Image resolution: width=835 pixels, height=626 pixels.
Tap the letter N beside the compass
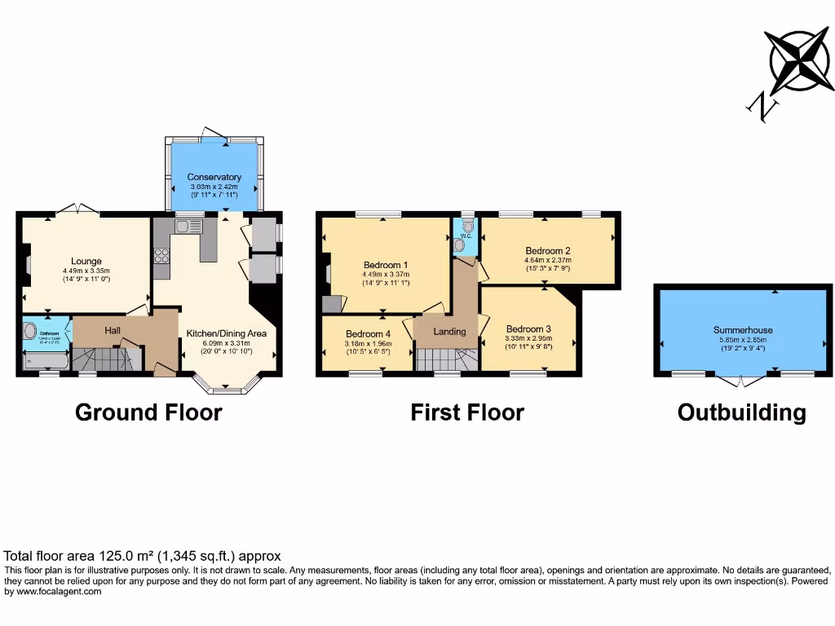coord(762,106)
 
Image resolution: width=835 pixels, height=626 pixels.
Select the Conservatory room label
coord(214,177)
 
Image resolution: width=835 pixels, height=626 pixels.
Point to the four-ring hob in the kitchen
coord(161,257)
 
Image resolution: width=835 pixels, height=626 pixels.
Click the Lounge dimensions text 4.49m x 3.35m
coord(86,271)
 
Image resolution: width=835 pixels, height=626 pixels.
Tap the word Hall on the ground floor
coord(113,330)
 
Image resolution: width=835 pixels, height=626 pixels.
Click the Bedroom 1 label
coord(385,265)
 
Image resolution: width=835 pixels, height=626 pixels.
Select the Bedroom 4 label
coord(368,334)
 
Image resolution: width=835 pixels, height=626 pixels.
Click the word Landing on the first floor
coord(449,331)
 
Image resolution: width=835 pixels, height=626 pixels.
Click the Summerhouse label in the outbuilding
coord(742,330)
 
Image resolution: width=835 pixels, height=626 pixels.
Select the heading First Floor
coord(466,412)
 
